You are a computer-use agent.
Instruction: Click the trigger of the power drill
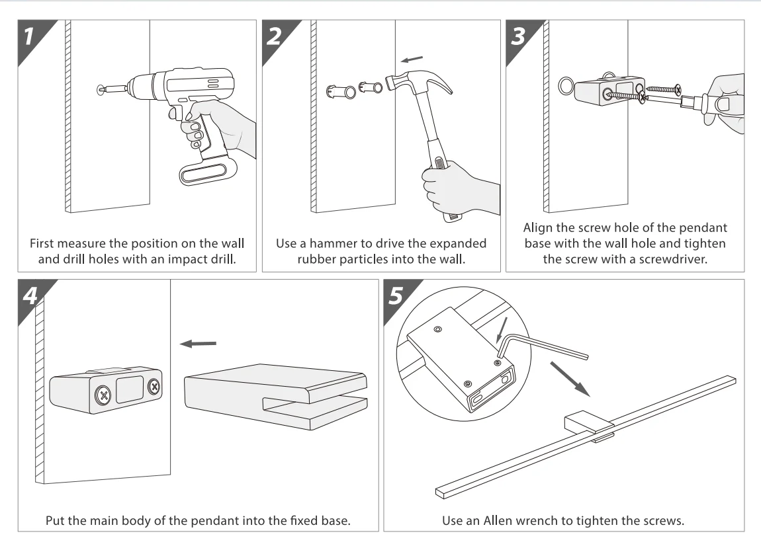click(x=173, y=114)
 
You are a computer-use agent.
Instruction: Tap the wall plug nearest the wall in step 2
click(x=341, y=89)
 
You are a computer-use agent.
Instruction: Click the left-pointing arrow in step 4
click(x=198, y=343)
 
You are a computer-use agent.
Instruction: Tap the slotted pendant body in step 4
click(x=275, y=391)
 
